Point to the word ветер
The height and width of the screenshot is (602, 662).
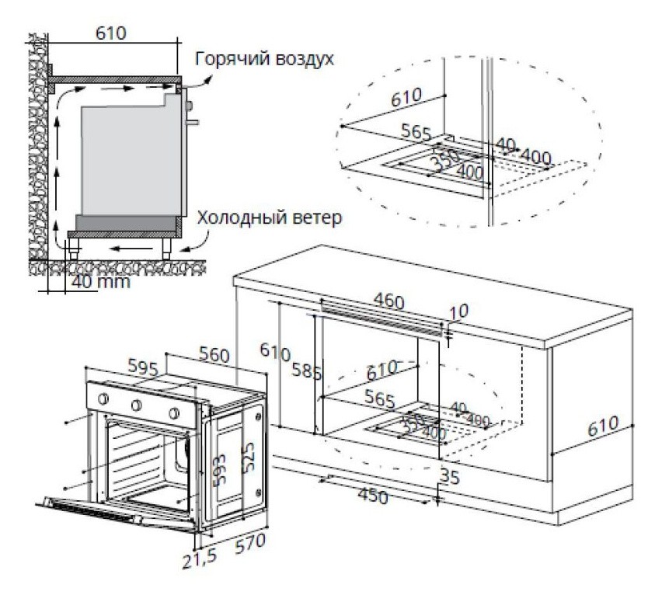(316, 218)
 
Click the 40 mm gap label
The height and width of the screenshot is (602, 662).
(99, 281)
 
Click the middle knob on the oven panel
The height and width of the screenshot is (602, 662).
(137, 405)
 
